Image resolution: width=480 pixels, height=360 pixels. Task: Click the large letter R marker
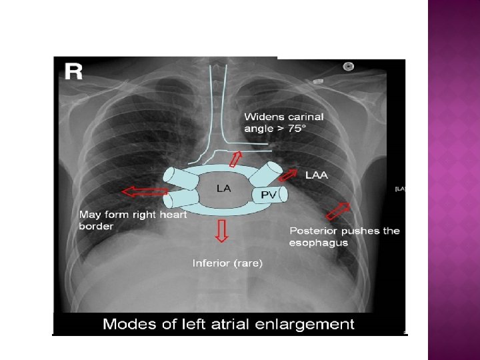[x=74, y=72]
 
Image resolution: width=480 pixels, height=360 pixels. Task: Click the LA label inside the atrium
[x=224, y=189]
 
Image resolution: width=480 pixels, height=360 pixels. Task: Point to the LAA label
[x=317, y=175]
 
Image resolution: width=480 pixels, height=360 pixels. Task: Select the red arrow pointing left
[x=145, y=192]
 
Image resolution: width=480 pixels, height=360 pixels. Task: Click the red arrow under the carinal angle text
[x=235, y=159]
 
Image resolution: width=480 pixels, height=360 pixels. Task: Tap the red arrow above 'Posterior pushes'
[x=338, y=211]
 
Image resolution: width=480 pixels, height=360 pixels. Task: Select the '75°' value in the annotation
[x=295, y=128]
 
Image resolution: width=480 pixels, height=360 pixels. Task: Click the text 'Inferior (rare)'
[x=228, y=263]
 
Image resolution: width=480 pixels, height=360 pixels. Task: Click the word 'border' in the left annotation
[x=96, y=227]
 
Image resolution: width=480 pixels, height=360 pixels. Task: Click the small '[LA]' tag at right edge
[x=400, y=189]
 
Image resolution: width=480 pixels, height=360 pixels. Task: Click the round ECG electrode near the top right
[x=347, y=66]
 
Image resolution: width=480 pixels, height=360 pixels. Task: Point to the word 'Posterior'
[x=314, y=231]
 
